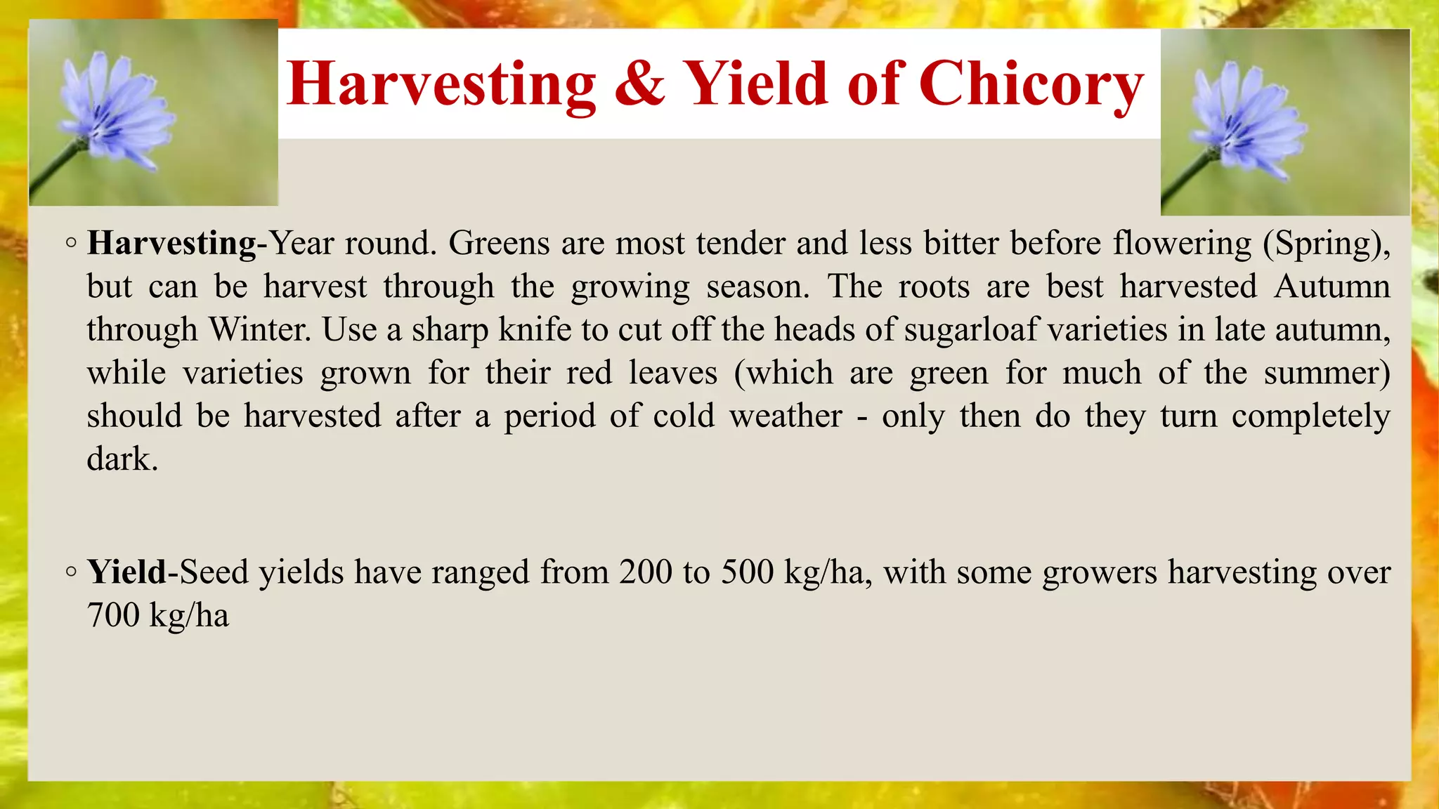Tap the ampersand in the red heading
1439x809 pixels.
pyautogui.click(x=639, y=84)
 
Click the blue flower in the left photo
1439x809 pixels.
pyautogui.click(x=112, y=112)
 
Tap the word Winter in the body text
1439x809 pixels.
pyautogui.click(x=259, y=329)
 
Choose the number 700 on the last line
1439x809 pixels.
pyautogui.click(x=113, y=615)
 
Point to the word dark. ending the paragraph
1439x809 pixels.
pyautogui.click(x=122, y=459)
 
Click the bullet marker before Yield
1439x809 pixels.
pyautogui.click(x=70, y=572)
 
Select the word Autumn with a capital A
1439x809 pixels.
pyautogui.click(x=1331, y=287)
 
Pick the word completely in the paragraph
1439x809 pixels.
pyautogui.click(x=1310, y=416)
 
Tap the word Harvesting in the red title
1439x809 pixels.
pyautogui.click(x=441, y=85)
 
